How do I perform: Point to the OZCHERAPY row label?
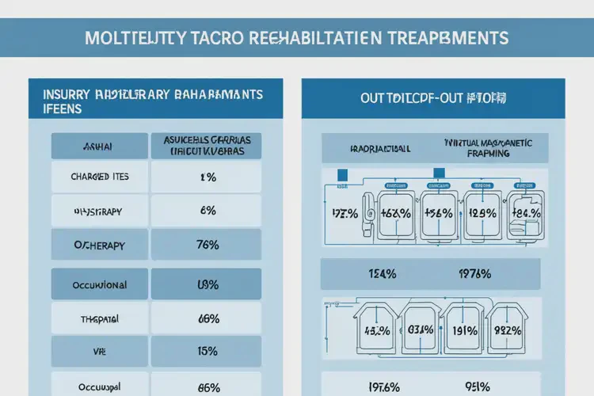[99, 245]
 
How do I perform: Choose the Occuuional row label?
[99, 284]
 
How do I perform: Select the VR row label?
[99, 351]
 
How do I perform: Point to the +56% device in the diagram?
[437, 213]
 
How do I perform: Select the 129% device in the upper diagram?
[482, 213]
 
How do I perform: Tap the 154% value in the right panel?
[382, 274]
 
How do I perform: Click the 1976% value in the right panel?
[475, 274]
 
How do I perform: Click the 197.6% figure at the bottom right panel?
[382, 386]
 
